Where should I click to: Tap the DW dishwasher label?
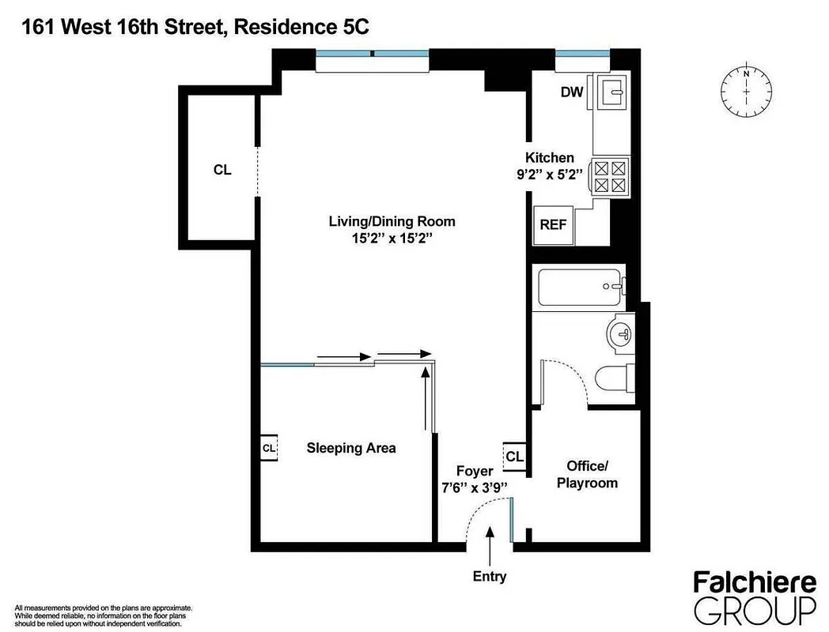click(572, 92)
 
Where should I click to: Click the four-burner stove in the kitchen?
click(610, 176)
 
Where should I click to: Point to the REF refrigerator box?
click(553, 224)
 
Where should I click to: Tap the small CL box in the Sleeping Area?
click(269, 448)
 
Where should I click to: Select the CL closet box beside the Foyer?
click(514, 457)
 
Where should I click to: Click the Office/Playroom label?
click(586, 474)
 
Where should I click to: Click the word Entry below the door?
click(490, 577)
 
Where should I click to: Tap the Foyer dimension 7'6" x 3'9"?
click(474, 487)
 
